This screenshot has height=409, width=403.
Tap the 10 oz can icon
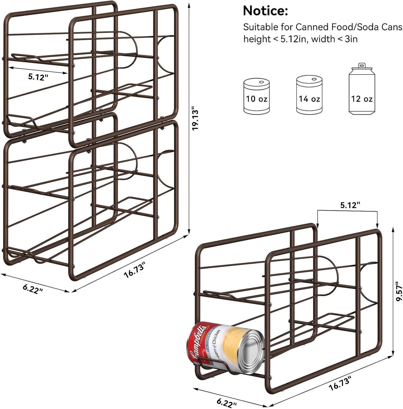click(257, 96)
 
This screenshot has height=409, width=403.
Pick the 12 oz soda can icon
click(362, 91)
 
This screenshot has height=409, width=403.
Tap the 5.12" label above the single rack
click(350, 205)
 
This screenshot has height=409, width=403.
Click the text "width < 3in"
click(334, 39)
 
